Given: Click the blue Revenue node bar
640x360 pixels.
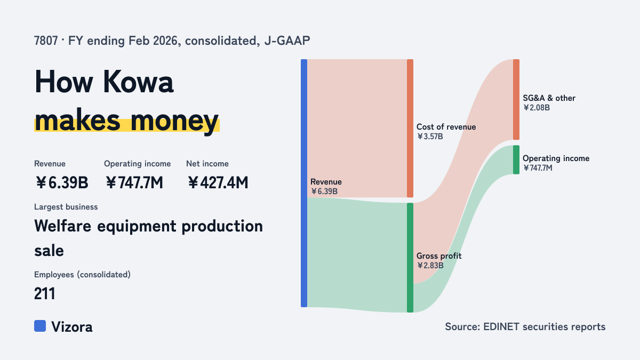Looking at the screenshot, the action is (x=304, y=183).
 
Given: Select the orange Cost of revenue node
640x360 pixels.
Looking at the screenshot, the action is (x=410, y=129).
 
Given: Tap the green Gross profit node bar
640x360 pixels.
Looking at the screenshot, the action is (x=410, y=258).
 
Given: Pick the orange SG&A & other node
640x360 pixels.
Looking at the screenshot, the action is (x=516, y=99).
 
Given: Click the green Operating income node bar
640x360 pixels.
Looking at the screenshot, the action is (x=516, y=159).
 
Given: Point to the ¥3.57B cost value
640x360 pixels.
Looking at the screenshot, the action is (x=430, y=137).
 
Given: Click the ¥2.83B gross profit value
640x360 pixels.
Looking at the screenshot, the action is (x=430, y=266).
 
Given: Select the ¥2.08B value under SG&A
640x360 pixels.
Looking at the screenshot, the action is (x=537, y=108).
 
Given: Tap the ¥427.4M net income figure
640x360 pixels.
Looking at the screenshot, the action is (x=218, y=182).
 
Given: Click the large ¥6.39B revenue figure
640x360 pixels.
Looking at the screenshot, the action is (x=62, y=182).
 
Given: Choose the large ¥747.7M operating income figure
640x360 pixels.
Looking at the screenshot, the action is (x=134, y=182).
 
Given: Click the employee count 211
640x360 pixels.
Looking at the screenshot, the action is (x=45, y=293).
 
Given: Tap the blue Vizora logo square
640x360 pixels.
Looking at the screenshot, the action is (x=40, y=326).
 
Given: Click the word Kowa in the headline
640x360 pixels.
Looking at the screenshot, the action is (x=138, y=82).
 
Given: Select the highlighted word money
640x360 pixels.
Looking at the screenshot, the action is (x=174, y=121).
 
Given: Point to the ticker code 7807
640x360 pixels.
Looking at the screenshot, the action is (x=46, y=41).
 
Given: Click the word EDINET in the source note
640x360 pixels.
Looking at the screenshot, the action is (x=501, y=326).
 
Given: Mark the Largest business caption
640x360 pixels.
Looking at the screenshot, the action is (x=66, y=207).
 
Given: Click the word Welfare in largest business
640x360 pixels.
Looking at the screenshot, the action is (x=62, y=226).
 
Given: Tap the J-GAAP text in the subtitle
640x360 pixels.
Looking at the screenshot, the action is (x=287, y=41).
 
